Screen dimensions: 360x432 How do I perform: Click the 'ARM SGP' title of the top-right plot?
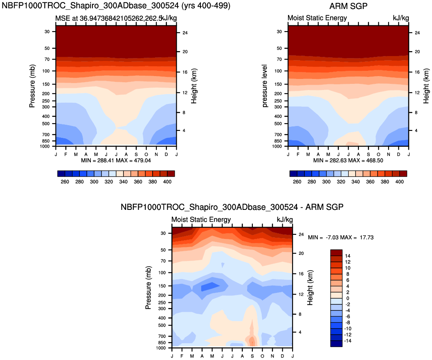[x=348, y=7]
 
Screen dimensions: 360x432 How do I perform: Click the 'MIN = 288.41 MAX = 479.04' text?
[x=116, y=160]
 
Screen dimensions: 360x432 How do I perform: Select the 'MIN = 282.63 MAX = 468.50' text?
[x=348, y=160]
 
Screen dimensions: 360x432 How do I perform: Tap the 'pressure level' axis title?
[x=265, y=86]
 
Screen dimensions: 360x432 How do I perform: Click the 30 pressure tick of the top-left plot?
[x=46, y=32]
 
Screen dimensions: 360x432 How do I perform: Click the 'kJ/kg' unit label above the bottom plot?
[x=285, y=220]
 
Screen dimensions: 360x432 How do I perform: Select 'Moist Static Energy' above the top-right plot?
[x=317, y=18]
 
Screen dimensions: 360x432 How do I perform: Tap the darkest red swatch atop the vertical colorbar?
[x=336, y=252]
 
